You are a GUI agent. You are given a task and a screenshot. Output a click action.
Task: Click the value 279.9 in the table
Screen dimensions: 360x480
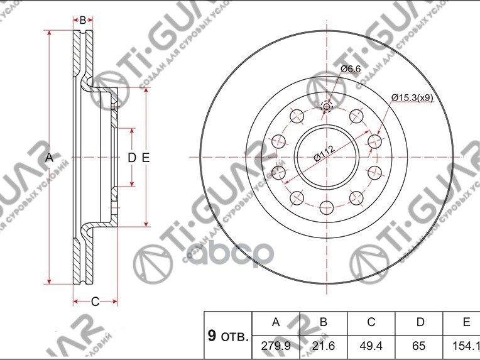click(x=275, y=346)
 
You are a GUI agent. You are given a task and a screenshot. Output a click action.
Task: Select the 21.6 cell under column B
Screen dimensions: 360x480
click(x=323, y=346)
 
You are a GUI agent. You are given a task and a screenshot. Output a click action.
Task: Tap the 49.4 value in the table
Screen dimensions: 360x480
click(x=371, y=346)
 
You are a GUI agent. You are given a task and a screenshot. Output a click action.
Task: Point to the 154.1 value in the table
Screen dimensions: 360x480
click(x=464, y=346)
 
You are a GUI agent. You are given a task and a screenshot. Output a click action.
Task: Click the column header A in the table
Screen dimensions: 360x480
click(x=275, y=322)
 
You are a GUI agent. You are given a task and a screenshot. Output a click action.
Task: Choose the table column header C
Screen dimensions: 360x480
click(x=371, y=322)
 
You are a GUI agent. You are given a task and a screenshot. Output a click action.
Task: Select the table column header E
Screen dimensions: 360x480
click(x=466, y=322)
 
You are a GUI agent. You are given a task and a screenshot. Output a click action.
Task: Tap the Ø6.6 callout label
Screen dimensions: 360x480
click(x=350, y=68)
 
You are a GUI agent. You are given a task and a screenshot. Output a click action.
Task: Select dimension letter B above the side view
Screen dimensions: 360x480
click(x=82, y=20)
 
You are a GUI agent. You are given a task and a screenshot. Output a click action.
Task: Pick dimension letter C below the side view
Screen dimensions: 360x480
click(x=95, y=302)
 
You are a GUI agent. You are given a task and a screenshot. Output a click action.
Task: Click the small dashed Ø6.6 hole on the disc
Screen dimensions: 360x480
click(x=326, y=106)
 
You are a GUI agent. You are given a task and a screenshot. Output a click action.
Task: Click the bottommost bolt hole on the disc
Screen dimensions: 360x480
click(x=326, y=205)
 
